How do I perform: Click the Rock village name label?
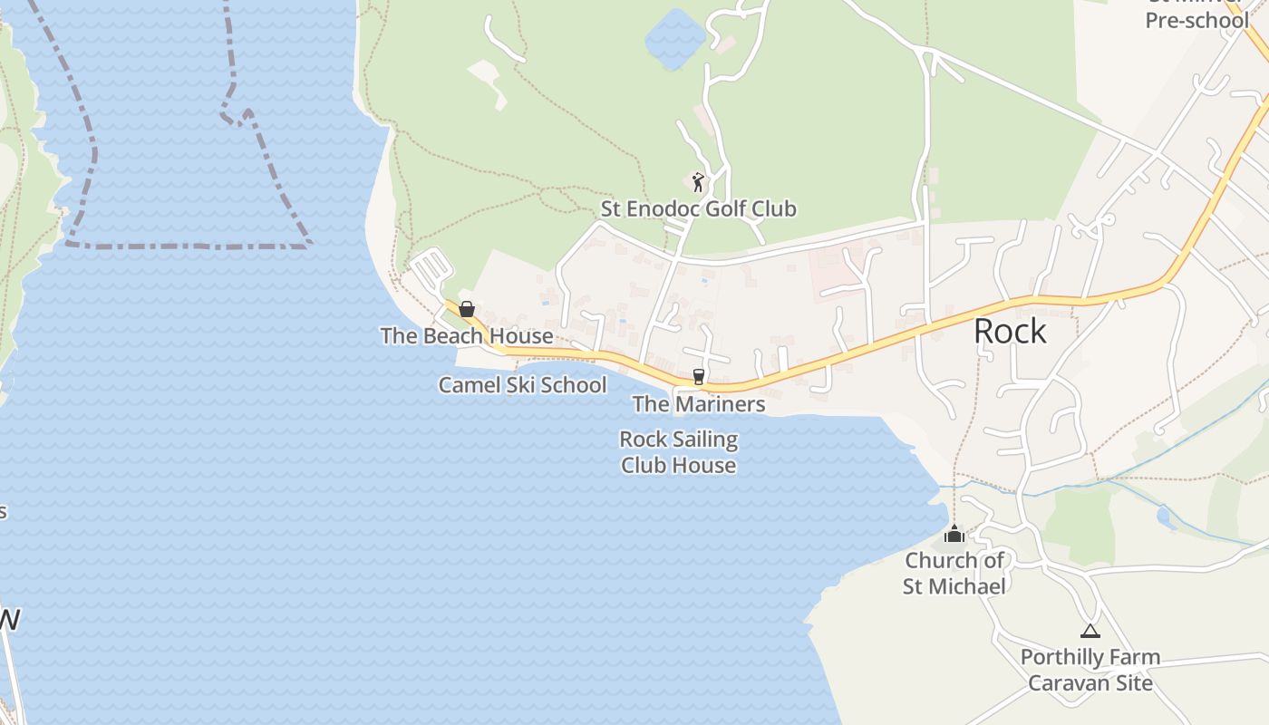click(1010, 332)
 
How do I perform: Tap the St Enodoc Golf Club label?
click(698, 209)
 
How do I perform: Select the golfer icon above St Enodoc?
click(698, 182)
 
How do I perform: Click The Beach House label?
click(467, 336)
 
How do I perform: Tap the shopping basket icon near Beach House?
click(467, 309)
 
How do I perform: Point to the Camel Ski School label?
click(522, 385)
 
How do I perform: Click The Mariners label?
click(699, 404)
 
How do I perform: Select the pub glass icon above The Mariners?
click(698, 377)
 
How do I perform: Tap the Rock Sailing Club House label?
click(678, 452)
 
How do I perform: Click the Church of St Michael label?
click(954, 573)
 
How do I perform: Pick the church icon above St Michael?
click(954, 535)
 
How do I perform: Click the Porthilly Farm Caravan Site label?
click(1090, 670)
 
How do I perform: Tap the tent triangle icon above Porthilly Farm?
click(1090, 631)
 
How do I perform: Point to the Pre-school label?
click(1196, 20)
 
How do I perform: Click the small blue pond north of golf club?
click(674, 39)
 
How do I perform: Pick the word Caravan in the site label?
click(1065, 683)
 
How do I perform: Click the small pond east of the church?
click(1166, 517)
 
